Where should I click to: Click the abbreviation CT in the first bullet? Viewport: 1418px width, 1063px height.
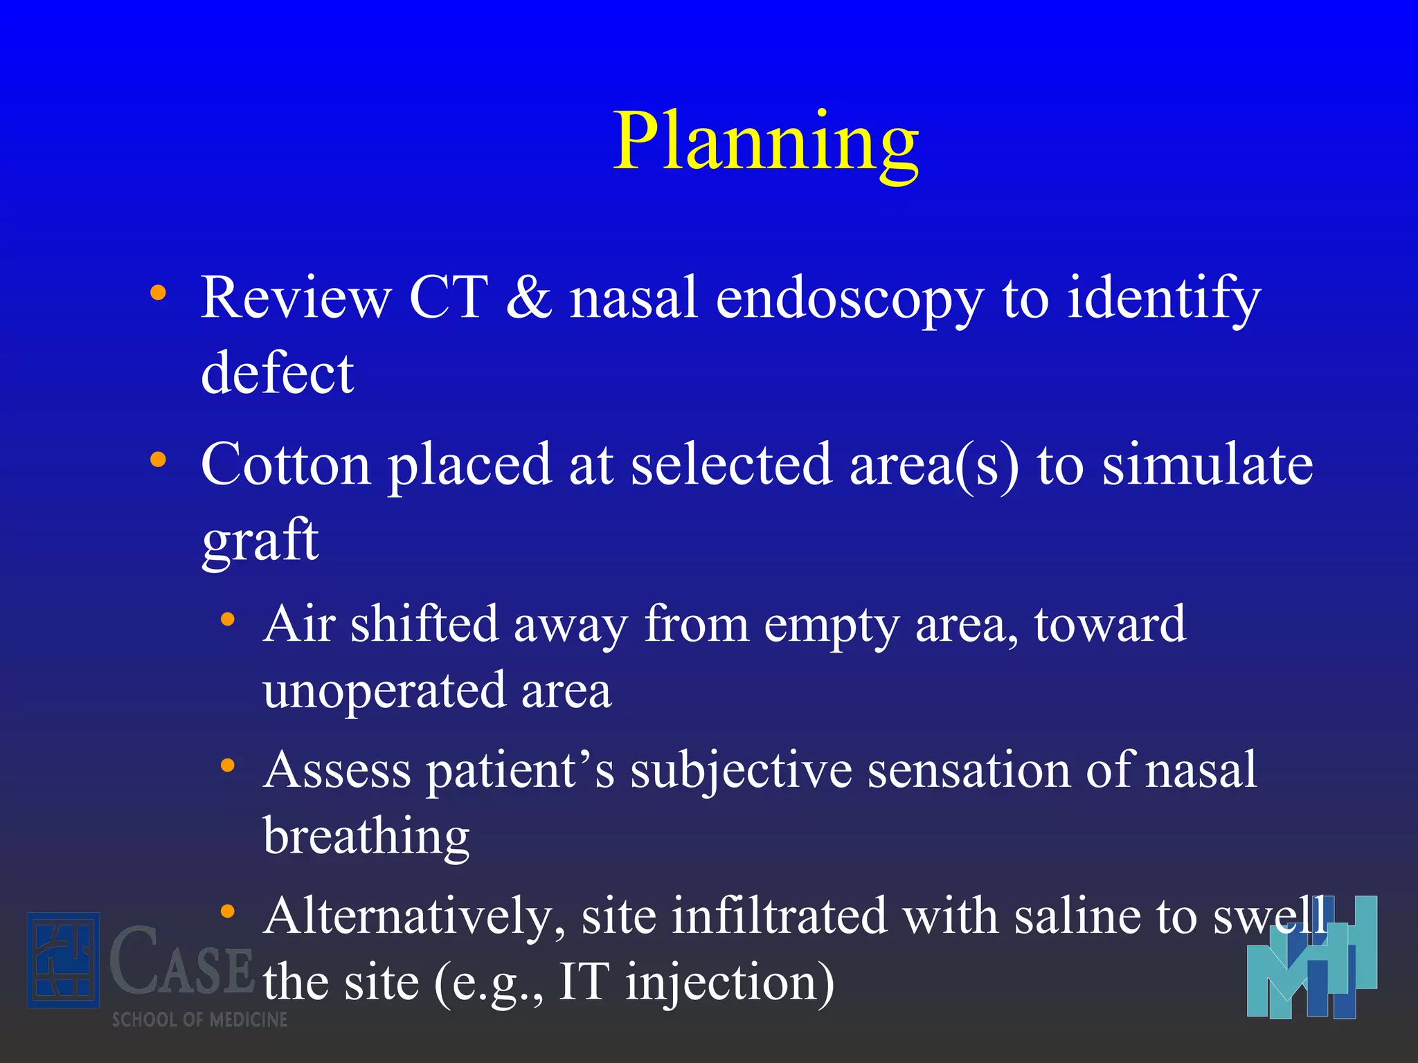(448, 298)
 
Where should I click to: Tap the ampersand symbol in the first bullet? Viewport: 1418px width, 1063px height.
(530, 298)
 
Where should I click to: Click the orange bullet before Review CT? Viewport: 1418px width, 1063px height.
(159, 293)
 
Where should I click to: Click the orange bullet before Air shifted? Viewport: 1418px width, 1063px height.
(228, 619)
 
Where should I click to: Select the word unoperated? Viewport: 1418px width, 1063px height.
(384, 691)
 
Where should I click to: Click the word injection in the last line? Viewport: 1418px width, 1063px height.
(730, 983)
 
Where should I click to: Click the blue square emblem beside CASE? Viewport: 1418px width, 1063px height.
(63, 960)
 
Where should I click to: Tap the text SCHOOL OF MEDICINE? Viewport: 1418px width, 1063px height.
(199, 1019)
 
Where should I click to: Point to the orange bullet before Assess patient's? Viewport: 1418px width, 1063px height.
(228, 765)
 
